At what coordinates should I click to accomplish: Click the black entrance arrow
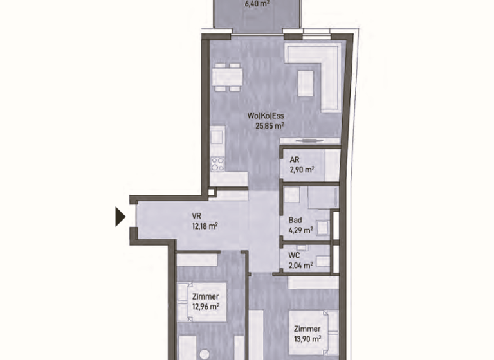[120, 217]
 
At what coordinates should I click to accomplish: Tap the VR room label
[197, 216]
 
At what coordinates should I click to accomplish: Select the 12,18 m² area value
[205, 226]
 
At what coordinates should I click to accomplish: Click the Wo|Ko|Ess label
[266, 116]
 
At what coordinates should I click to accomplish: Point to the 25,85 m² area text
[270, 126]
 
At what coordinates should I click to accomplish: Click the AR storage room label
[295, 159]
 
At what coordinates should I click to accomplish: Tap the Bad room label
[295, 220]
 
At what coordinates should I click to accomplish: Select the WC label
[294, 255]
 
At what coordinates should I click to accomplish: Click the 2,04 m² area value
[300, 265]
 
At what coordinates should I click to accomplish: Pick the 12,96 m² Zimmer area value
[206, 307]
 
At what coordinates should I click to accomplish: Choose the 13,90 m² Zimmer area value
[307, 339]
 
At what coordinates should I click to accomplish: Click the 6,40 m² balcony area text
[257, 4]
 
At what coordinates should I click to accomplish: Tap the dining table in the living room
[228, 77]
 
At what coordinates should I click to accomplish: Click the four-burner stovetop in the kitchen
[217, 164]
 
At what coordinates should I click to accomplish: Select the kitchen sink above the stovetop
[217, 137]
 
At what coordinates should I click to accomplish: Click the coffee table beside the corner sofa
[306, 83]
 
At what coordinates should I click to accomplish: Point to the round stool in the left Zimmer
[205, 355]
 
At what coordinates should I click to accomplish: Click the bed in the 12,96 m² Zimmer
[202, 302]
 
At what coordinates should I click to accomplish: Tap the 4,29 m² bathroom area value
[301, 230]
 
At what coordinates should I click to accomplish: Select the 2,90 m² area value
[302, 170]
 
